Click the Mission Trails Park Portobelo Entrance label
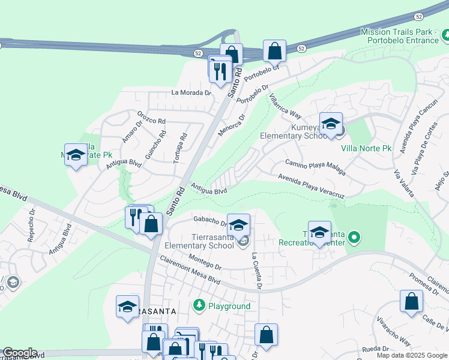(x=400, y=36)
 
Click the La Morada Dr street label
(x=191, y=92)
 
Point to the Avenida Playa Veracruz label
(x=311, y=186)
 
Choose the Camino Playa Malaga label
(x=315, y=166)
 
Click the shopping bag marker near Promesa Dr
(x=411, y=302)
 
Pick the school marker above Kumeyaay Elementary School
(x=330, y=124)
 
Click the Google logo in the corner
(x=20, y=353)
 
